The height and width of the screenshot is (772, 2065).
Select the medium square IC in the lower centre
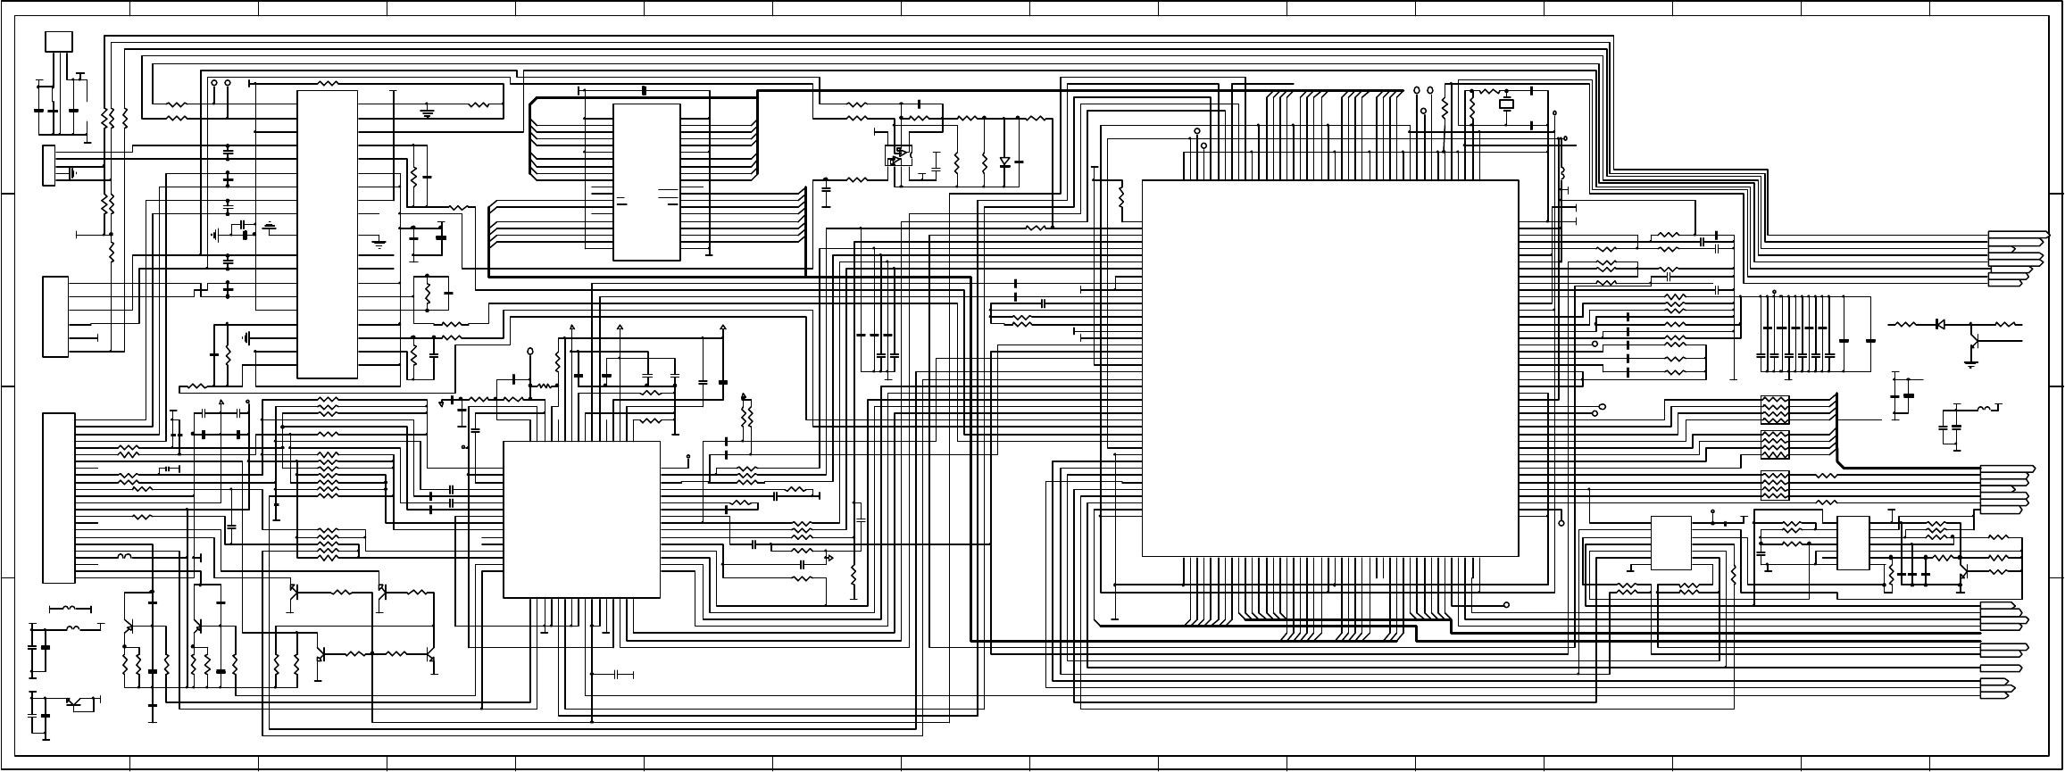point(581,519)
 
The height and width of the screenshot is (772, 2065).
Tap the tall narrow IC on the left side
point(327,233)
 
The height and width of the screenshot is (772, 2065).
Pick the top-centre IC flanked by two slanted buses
point(646,182)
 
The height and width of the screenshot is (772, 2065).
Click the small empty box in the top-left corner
point(58,42)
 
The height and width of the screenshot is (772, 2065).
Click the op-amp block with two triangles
point(898,156)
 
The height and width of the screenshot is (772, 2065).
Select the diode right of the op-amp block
point(1004,162)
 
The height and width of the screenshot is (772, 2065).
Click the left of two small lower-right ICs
point(1670,542)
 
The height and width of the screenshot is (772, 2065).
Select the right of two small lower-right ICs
point(1853,542)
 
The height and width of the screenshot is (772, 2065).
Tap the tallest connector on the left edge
point(59,497)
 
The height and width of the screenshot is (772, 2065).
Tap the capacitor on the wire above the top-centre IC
point(645,90)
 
